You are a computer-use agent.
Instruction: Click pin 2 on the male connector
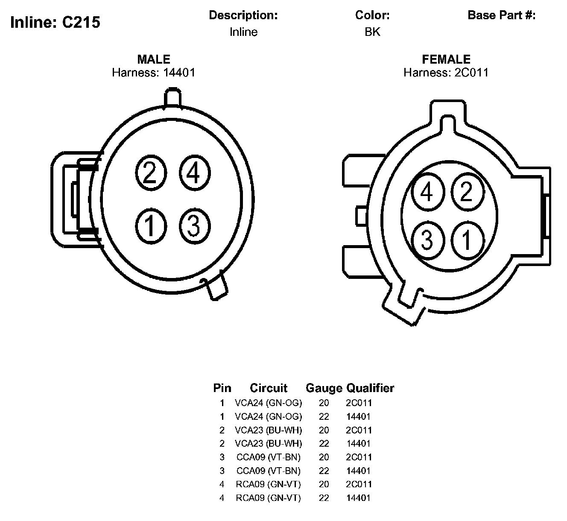(151, 173)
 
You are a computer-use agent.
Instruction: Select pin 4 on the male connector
(195, 173)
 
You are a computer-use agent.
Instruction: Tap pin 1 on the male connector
(151, 226)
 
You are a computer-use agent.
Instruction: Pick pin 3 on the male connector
(195, 226)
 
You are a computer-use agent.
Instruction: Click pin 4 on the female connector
(428, 192)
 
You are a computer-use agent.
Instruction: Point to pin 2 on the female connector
(468, 192)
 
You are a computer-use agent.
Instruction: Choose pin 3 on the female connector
(428, 240)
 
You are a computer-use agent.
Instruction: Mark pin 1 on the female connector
(468, 240)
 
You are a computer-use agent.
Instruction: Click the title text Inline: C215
(55, 22)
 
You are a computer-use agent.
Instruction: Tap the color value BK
(372, 32)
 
